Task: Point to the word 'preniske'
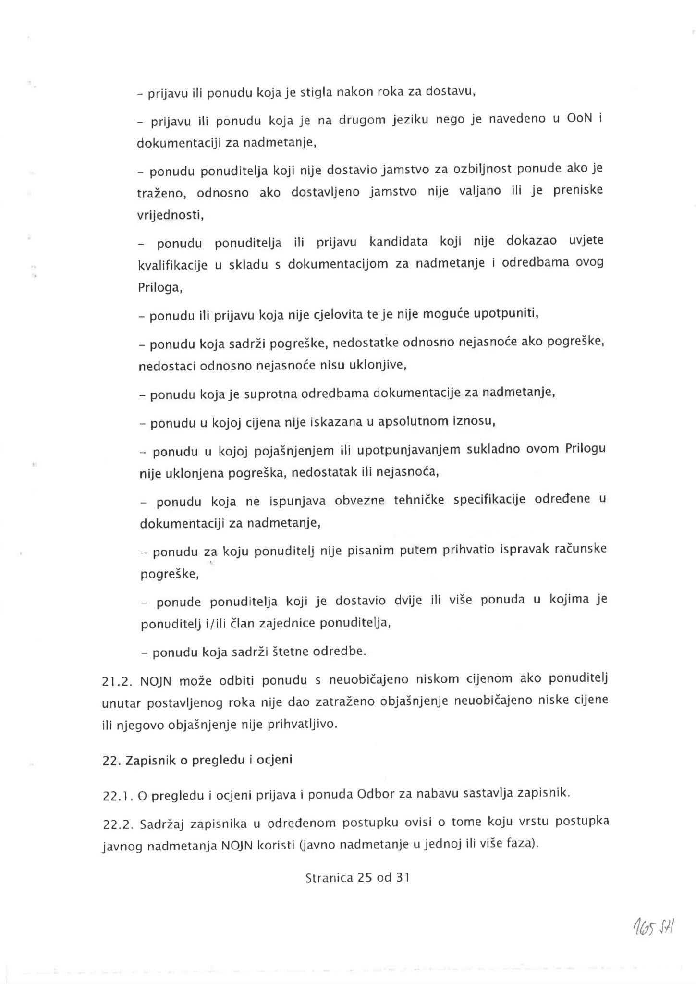(578, 191)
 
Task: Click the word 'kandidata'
(398, 241)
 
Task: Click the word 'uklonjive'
(379, 366)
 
